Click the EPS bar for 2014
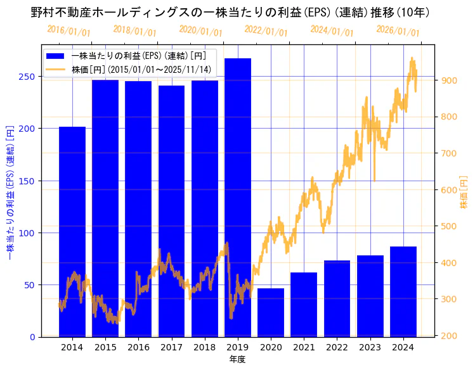pyautogui.click(x=72, y=231)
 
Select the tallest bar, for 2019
pyautogui.click(x=238, y=197)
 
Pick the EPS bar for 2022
pyautogui.click(x=337, y=298)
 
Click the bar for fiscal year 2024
pyautogui.click(x=403, y=291)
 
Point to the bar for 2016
pyautogui.click(x=138, y=208)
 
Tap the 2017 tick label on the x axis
pyautogui.click(x=171, y=347)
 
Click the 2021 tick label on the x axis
pyautogui.click(x=304, y=347)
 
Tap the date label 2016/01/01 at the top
pyautogui.click(x=68, y=31)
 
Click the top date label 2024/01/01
pyautogui.click(x=332, y=31)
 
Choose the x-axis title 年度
pyautogui.click(x=237, y=359)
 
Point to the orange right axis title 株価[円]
pyautogui.click(x=464, y=193)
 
